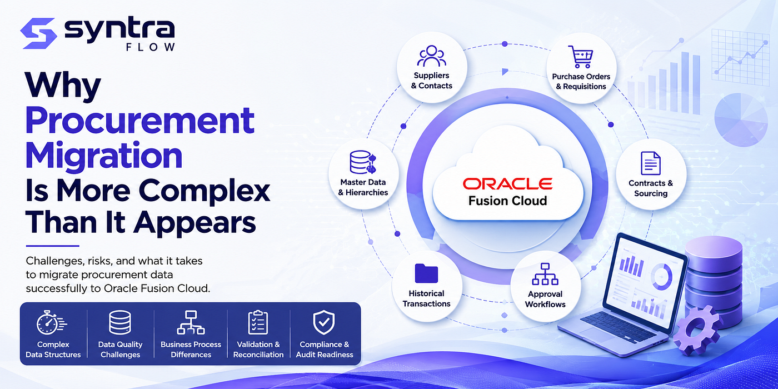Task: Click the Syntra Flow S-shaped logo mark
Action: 38,33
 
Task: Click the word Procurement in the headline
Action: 139,121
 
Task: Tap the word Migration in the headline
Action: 104,156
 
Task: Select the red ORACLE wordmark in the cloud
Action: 507,184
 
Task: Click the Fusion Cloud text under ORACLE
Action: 507,201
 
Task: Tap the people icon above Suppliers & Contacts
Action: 431,56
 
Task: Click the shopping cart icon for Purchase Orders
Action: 580,57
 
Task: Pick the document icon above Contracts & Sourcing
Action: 651,163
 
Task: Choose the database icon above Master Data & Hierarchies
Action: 363,162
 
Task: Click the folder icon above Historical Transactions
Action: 426,273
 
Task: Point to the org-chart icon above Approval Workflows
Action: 545,274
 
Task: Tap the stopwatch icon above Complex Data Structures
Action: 51,323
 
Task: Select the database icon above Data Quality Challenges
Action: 120,322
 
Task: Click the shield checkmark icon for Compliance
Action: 323,322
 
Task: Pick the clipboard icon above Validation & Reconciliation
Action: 258,322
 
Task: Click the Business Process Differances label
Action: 191,350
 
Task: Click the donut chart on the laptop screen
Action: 661,277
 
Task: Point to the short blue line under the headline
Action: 52,246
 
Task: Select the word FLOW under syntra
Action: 151,47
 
